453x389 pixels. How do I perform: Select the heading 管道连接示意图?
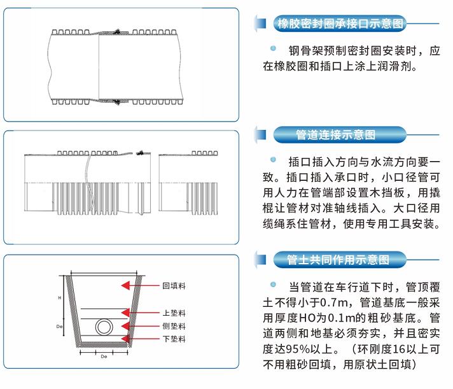pyautogui.click(x=337, y=135)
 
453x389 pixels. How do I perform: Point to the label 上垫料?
pyautogui.click(x=173, y=313)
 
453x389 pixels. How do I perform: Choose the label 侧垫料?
pyautogui.click(x=173, y=326)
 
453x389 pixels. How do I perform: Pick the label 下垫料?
pyautogui.click(x=173, y=340)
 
